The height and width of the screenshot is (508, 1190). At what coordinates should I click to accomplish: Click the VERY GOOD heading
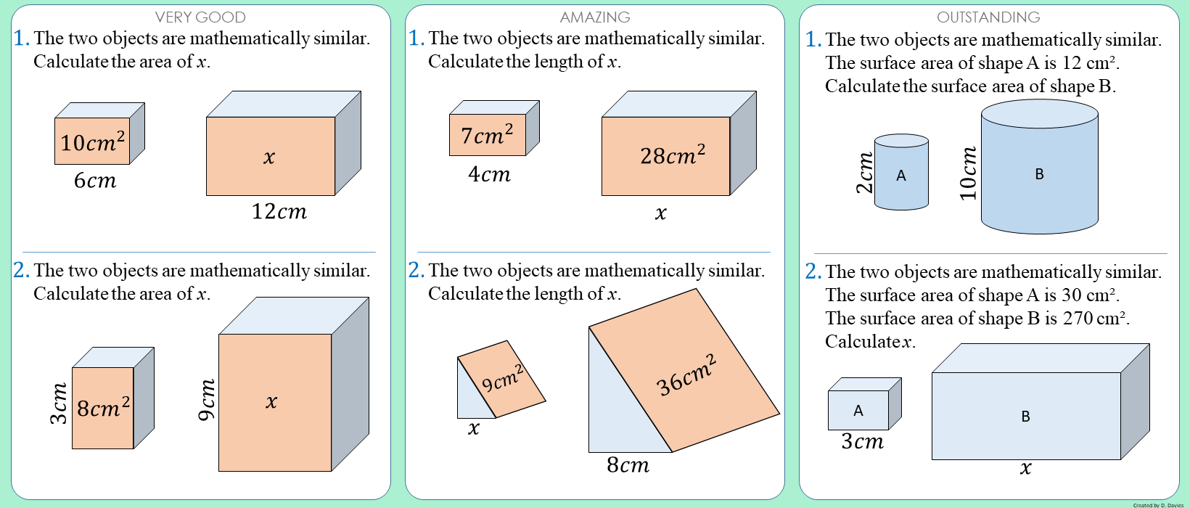(200, 17)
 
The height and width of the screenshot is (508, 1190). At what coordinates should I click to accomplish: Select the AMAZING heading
(595, 17)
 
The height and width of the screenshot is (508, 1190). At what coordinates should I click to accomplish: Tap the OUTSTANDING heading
(988, 17)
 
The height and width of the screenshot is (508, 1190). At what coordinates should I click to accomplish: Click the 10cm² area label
(92, 142)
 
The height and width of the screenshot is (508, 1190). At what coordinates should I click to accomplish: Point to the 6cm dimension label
(95, 180)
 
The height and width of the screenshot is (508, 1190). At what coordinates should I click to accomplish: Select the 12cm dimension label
(279, 211)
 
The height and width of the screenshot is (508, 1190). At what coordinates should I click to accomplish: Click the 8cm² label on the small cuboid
(103, 408)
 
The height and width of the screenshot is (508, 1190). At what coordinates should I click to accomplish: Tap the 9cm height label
(207, 400)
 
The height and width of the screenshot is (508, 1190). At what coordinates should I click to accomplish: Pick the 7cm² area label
(487, 134)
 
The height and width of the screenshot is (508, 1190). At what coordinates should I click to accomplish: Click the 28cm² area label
(673, 155)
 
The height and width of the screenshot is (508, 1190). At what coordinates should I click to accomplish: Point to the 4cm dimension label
(489, 174)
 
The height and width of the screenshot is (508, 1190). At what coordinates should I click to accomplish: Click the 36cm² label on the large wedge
(686, 374)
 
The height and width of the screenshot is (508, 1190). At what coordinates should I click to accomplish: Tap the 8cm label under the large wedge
(628, 464)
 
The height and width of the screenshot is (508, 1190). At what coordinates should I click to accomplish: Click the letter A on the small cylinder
(901, 175)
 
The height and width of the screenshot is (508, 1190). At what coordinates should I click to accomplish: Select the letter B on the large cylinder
(1039, 174)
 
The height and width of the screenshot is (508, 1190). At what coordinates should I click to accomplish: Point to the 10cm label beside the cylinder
(968, 173)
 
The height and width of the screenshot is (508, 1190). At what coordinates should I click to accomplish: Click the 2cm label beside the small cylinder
(864, 173)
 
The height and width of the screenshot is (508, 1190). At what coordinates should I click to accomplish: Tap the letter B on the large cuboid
(1025, 417)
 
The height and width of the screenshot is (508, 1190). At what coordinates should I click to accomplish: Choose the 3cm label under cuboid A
(863, 441)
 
